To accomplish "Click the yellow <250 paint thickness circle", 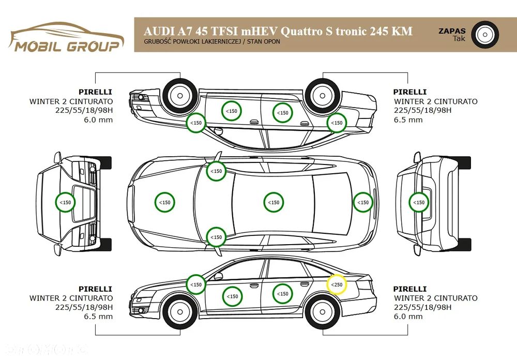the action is (337, 284).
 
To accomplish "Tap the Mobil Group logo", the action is (66, 38).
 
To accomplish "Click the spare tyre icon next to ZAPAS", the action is (485, 35).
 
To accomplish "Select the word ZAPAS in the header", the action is (452, 31).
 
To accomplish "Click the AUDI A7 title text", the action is (278, 31).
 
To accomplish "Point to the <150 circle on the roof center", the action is (273, 202).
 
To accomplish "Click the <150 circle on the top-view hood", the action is (165, 202).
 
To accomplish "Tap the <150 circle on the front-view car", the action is (65, 202).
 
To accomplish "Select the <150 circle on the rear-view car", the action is (419, 202).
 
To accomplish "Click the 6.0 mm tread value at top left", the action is (98, 120).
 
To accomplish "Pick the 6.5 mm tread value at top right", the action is (408, 120).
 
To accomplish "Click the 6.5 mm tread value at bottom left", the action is (98, 317).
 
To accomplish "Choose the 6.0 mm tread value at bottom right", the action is (408, 317).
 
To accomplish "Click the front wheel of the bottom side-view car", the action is (180, 311).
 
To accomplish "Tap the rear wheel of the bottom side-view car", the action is (323, 311).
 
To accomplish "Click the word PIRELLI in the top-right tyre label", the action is (410, 92).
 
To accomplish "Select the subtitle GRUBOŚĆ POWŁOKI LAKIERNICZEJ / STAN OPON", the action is (211, 41).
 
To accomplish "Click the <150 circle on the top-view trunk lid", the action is (363, 202).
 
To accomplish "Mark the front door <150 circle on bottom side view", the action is (233, 296).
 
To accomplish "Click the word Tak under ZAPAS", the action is (459, 39).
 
